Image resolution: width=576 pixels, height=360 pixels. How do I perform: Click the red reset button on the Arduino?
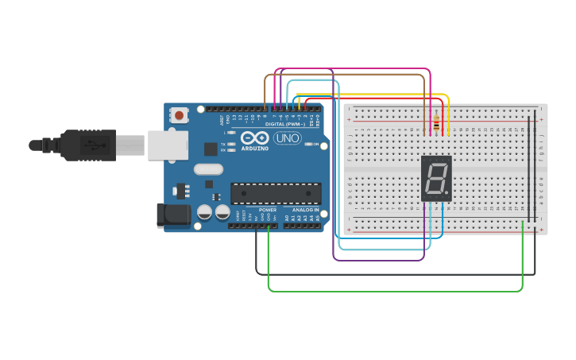point(179,115)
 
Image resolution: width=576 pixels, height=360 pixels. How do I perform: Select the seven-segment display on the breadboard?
point(436,177)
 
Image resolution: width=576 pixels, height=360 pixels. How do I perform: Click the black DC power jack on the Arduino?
point(174,215)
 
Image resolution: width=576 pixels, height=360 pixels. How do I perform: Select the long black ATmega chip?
point(276,193)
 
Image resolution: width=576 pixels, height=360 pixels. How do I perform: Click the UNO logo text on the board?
point(287,138)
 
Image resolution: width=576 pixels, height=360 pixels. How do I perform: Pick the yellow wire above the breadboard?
point(373,95)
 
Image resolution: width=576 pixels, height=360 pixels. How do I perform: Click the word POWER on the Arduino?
point(268,210)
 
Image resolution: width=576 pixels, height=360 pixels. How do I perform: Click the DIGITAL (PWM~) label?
point(282,124)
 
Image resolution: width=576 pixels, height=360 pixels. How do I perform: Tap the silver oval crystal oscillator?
point(208,168)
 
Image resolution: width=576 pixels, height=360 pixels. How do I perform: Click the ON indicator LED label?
point(315,144)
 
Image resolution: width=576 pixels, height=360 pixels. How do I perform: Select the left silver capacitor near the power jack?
point(204,212)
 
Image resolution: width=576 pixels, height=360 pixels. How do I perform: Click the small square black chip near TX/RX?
point(211,149)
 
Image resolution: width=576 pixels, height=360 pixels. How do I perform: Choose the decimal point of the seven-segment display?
point(448,195)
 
